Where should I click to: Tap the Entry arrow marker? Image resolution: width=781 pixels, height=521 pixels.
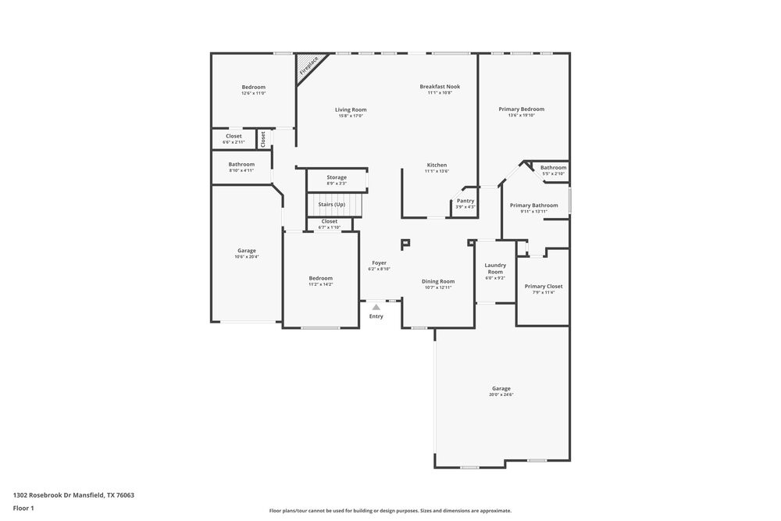[x=376, y=308]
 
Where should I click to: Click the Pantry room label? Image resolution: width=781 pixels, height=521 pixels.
[x=465, y=201]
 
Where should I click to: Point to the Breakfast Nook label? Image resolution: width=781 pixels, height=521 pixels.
[x=440, y=87]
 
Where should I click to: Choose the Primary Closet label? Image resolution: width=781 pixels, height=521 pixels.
[x=544, y=287]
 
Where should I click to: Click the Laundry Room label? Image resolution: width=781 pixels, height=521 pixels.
[x=495, y=269]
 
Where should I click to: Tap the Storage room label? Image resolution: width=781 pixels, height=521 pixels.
[x=337, y=177]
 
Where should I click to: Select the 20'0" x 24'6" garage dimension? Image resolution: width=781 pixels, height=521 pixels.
[x=501, y=394]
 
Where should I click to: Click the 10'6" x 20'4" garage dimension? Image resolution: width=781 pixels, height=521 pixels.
[x=247, y=257]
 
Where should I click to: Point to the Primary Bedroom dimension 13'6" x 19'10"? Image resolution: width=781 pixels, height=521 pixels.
[x=521, y=116]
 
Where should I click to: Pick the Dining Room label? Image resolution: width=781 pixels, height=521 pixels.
[x=438, y=281]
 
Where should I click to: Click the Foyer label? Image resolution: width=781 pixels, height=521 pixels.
[x=379, y=263]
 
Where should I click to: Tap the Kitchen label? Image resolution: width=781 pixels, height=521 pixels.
[x=437, y=165]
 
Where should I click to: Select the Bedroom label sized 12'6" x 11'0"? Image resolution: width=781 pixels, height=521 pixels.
[x=253, y=87]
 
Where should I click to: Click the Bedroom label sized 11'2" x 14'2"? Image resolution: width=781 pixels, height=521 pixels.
[x=320, y=278]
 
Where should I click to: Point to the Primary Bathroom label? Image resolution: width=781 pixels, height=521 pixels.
[x=534, y=205]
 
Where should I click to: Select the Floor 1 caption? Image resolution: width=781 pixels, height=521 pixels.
[x=23, y=509]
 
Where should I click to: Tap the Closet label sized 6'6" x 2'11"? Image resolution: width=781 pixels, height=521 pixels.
[x=234, y=136]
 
